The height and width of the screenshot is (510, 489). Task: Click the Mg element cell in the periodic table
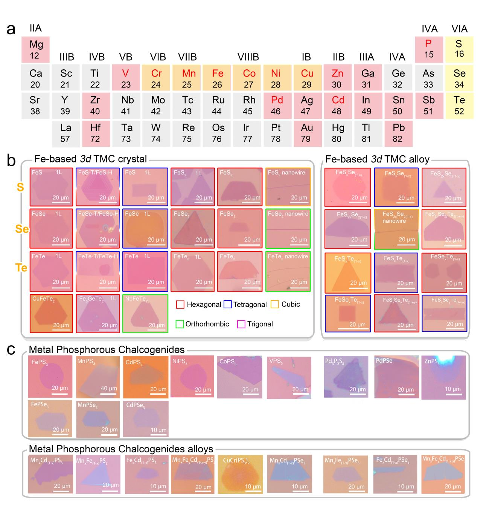click(36, 49)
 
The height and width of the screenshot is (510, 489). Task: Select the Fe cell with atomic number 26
click(217, 78)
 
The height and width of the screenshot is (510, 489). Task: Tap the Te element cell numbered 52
click(459, 105)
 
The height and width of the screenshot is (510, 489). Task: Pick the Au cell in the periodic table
click(307, 133)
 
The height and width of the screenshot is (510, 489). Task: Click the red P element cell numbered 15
click(429, 49)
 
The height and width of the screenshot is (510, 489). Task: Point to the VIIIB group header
click(248, 57)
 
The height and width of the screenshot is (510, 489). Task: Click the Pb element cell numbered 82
click(398, 133)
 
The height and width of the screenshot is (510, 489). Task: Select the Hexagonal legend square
click(180, 305)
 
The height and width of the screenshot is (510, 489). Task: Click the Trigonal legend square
click(241, 324)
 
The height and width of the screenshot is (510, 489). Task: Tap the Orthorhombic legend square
click(180, 324)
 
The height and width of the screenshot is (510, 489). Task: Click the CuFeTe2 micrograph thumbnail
click(51, 313)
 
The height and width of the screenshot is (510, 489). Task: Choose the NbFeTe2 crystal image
click(145, 313)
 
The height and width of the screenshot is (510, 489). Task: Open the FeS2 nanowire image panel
click(288, 187)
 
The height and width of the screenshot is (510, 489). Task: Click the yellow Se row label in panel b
click(22, 229)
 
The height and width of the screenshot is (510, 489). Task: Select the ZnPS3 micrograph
click(443, 377)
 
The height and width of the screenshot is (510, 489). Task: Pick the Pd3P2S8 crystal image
click(346, 377)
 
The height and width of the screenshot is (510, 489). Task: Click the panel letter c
click(11, 349)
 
